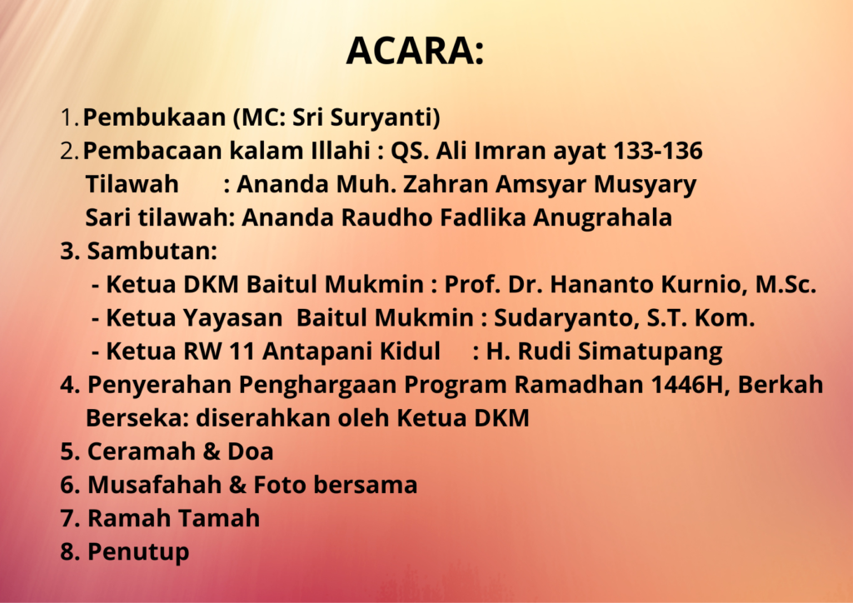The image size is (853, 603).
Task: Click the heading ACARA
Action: (x=415, y=51)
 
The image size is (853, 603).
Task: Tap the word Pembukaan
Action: (x=154, y=117)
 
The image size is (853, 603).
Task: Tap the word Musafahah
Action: (x=154, y=485)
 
